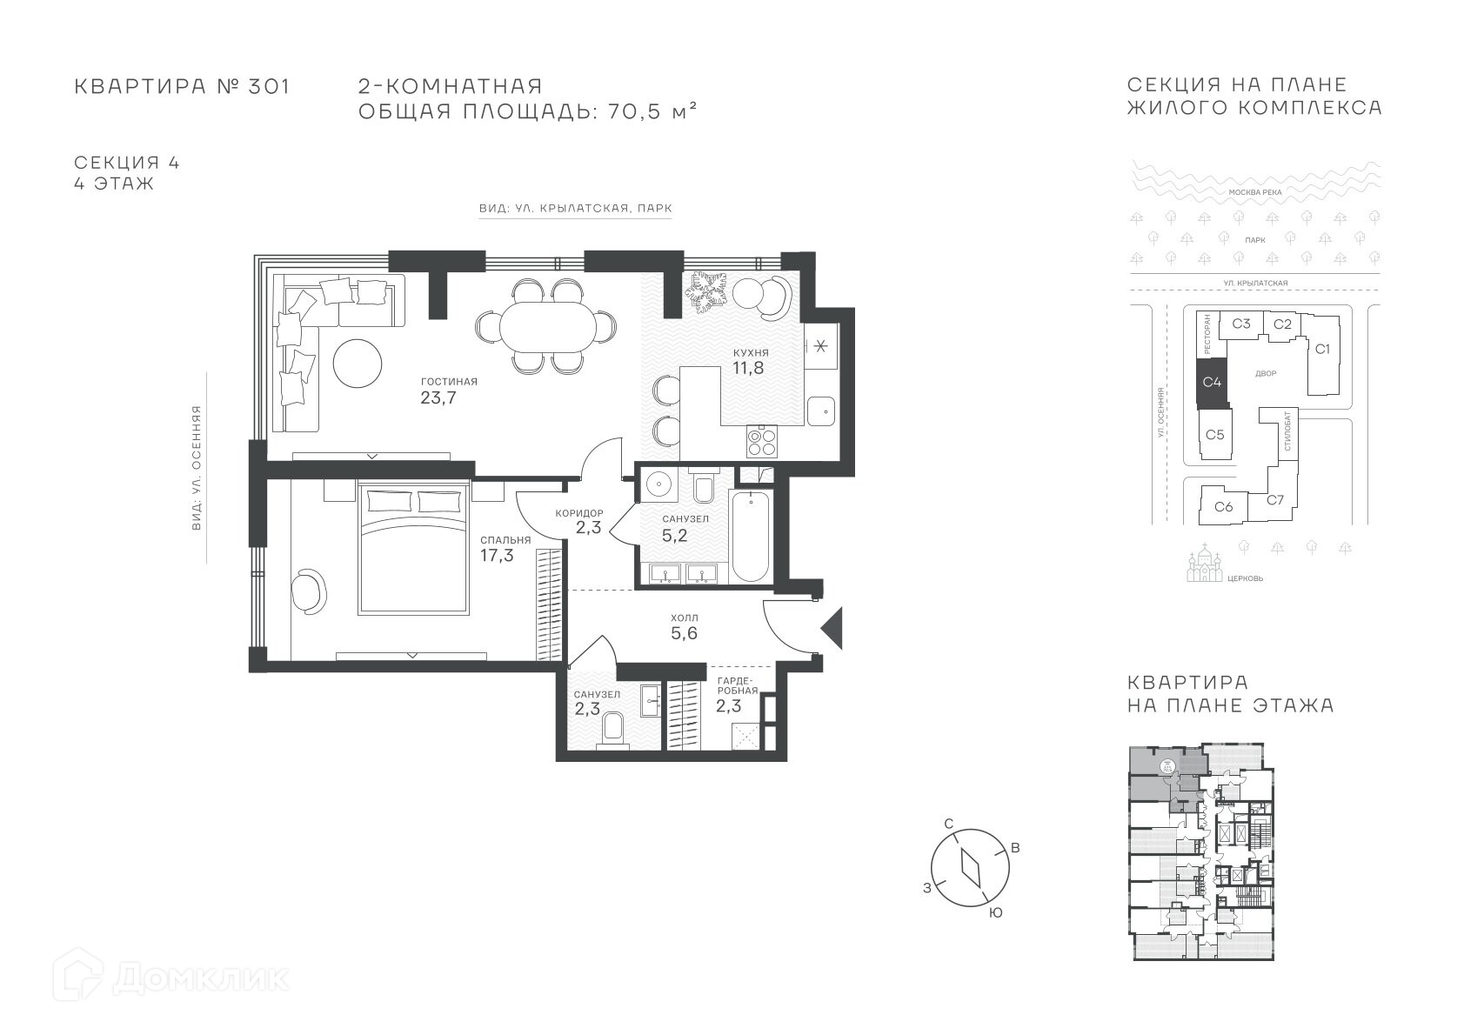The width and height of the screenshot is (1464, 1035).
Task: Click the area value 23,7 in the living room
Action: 438,397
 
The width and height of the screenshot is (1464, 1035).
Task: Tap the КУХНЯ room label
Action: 751,353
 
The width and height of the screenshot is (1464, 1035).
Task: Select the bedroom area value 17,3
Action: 497,556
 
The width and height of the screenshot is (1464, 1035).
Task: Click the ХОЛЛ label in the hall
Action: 685,618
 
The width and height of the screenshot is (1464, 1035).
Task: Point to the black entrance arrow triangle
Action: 832,628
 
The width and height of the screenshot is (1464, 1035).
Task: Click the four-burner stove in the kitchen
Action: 762,441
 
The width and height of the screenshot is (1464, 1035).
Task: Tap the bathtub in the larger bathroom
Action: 751,537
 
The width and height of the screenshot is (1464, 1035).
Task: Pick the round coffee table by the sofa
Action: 357,364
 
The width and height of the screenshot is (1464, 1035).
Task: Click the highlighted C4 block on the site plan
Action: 1212,382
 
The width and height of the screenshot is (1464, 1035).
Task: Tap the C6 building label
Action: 1224,506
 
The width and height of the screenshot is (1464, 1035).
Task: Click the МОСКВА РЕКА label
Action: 1255,192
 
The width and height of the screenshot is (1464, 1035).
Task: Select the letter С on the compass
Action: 949,823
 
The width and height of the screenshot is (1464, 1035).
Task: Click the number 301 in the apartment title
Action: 269,86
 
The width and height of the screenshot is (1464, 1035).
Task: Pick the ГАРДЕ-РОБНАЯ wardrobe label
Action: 738,685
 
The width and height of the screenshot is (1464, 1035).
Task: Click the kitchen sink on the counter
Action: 821,411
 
